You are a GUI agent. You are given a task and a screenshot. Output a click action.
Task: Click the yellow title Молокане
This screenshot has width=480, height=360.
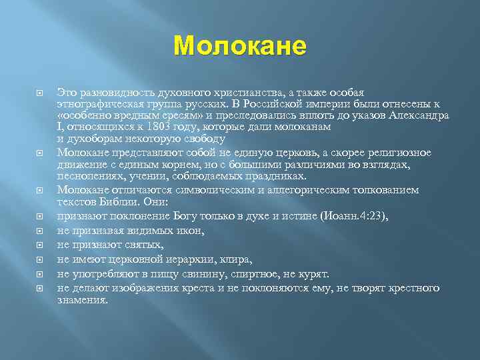click(x=240, y=47)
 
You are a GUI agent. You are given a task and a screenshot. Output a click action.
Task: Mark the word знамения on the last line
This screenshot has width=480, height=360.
click(x=82, y=300)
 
